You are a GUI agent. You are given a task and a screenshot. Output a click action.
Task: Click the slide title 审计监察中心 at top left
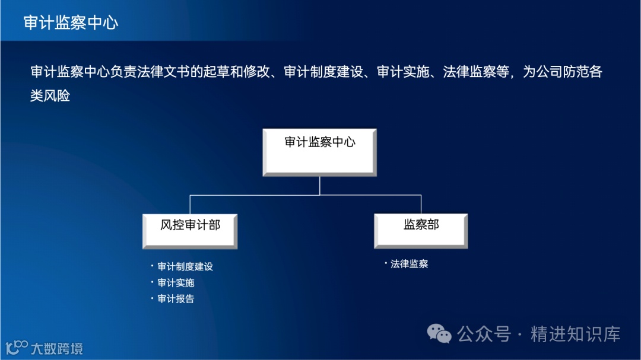click(x=71, y=23)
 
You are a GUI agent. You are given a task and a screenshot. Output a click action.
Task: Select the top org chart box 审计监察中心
click(x=320, y=152)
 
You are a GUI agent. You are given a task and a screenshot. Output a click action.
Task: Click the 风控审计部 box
click(x=190, y=231)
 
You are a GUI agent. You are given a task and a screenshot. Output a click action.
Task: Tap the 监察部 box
click(x=421, y=231)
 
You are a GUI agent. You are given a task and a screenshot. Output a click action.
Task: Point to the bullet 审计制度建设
click(x=185, y=267)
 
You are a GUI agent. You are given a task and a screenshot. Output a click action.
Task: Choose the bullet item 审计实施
click(x=176, y=283)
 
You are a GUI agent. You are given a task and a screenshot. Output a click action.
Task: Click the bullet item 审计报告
click(x=176, y=299)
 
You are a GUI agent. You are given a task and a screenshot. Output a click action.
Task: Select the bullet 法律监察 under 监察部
click(x=409, y=264)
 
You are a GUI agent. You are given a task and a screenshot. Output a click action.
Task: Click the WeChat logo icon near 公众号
click(x=440, y=334)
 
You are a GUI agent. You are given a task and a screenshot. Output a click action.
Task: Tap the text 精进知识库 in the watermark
click(x=575, y=334)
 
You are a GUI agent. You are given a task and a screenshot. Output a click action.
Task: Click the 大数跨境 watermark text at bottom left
click(x=56, y=348)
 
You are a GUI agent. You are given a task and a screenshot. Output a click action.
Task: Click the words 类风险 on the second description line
click(x=50, y=95)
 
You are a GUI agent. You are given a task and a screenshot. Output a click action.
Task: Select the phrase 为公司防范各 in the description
click(x=563, y=72)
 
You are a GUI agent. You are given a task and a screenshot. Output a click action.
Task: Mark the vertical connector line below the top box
click(x=320, y=186)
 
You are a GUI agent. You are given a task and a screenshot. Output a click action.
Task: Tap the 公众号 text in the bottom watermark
click(x=483, y=334)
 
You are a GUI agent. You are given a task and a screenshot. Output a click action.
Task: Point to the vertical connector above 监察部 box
click(x=421, y=204)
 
